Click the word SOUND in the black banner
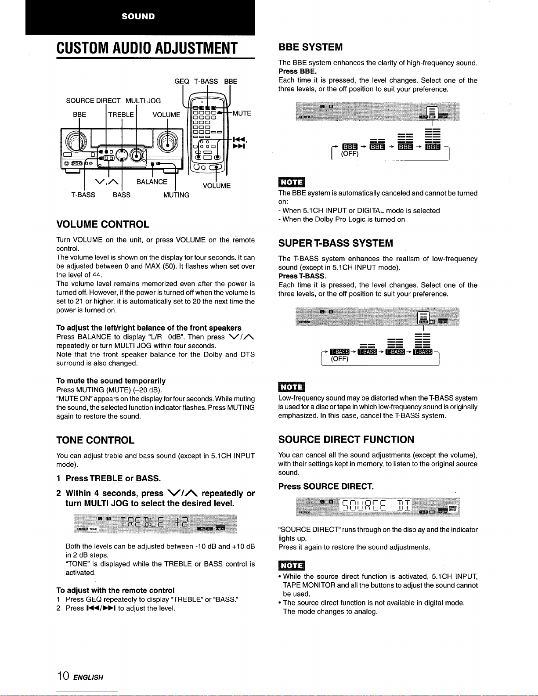pos(138,16)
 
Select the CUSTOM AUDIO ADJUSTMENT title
pos(147,48)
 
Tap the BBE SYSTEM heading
pos(311,47)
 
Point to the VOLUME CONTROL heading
pos(103,224)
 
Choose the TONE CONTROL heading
pos(95,440)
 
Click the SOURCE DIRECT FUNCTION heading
pos(346,440)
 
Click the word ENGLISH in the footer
pos(88,677)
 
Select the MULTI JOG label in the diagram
pos(143,101)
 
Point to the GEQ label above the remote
pos(181,81)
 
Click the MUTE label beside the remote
pos(242,113)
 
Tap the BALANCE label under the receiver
pos(152,182)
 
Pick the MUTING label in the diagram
pos(176,195)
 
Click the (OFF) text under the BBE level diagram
pos(350,154)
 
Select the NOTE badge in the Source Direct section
pos(292,565)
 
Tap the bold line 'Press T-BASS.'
pos(302,276)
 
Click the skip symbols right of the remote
pos(239,143)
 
